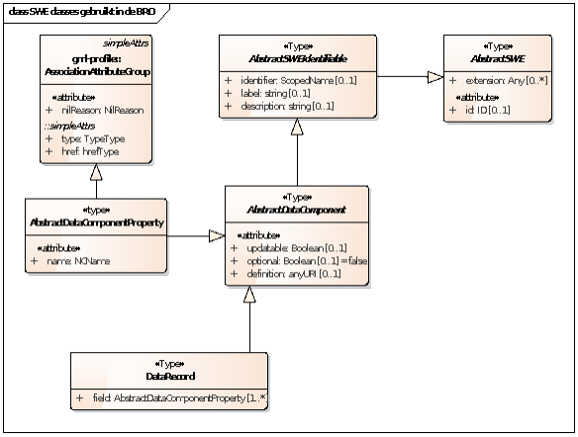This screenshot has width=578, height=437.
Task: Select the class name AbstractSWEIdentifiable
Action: [297, 55]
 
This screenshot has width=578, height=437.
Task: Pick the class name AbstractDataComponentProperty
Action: [97, 221]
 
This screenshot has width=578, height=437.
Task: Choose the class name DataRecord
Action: [168, 377]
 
